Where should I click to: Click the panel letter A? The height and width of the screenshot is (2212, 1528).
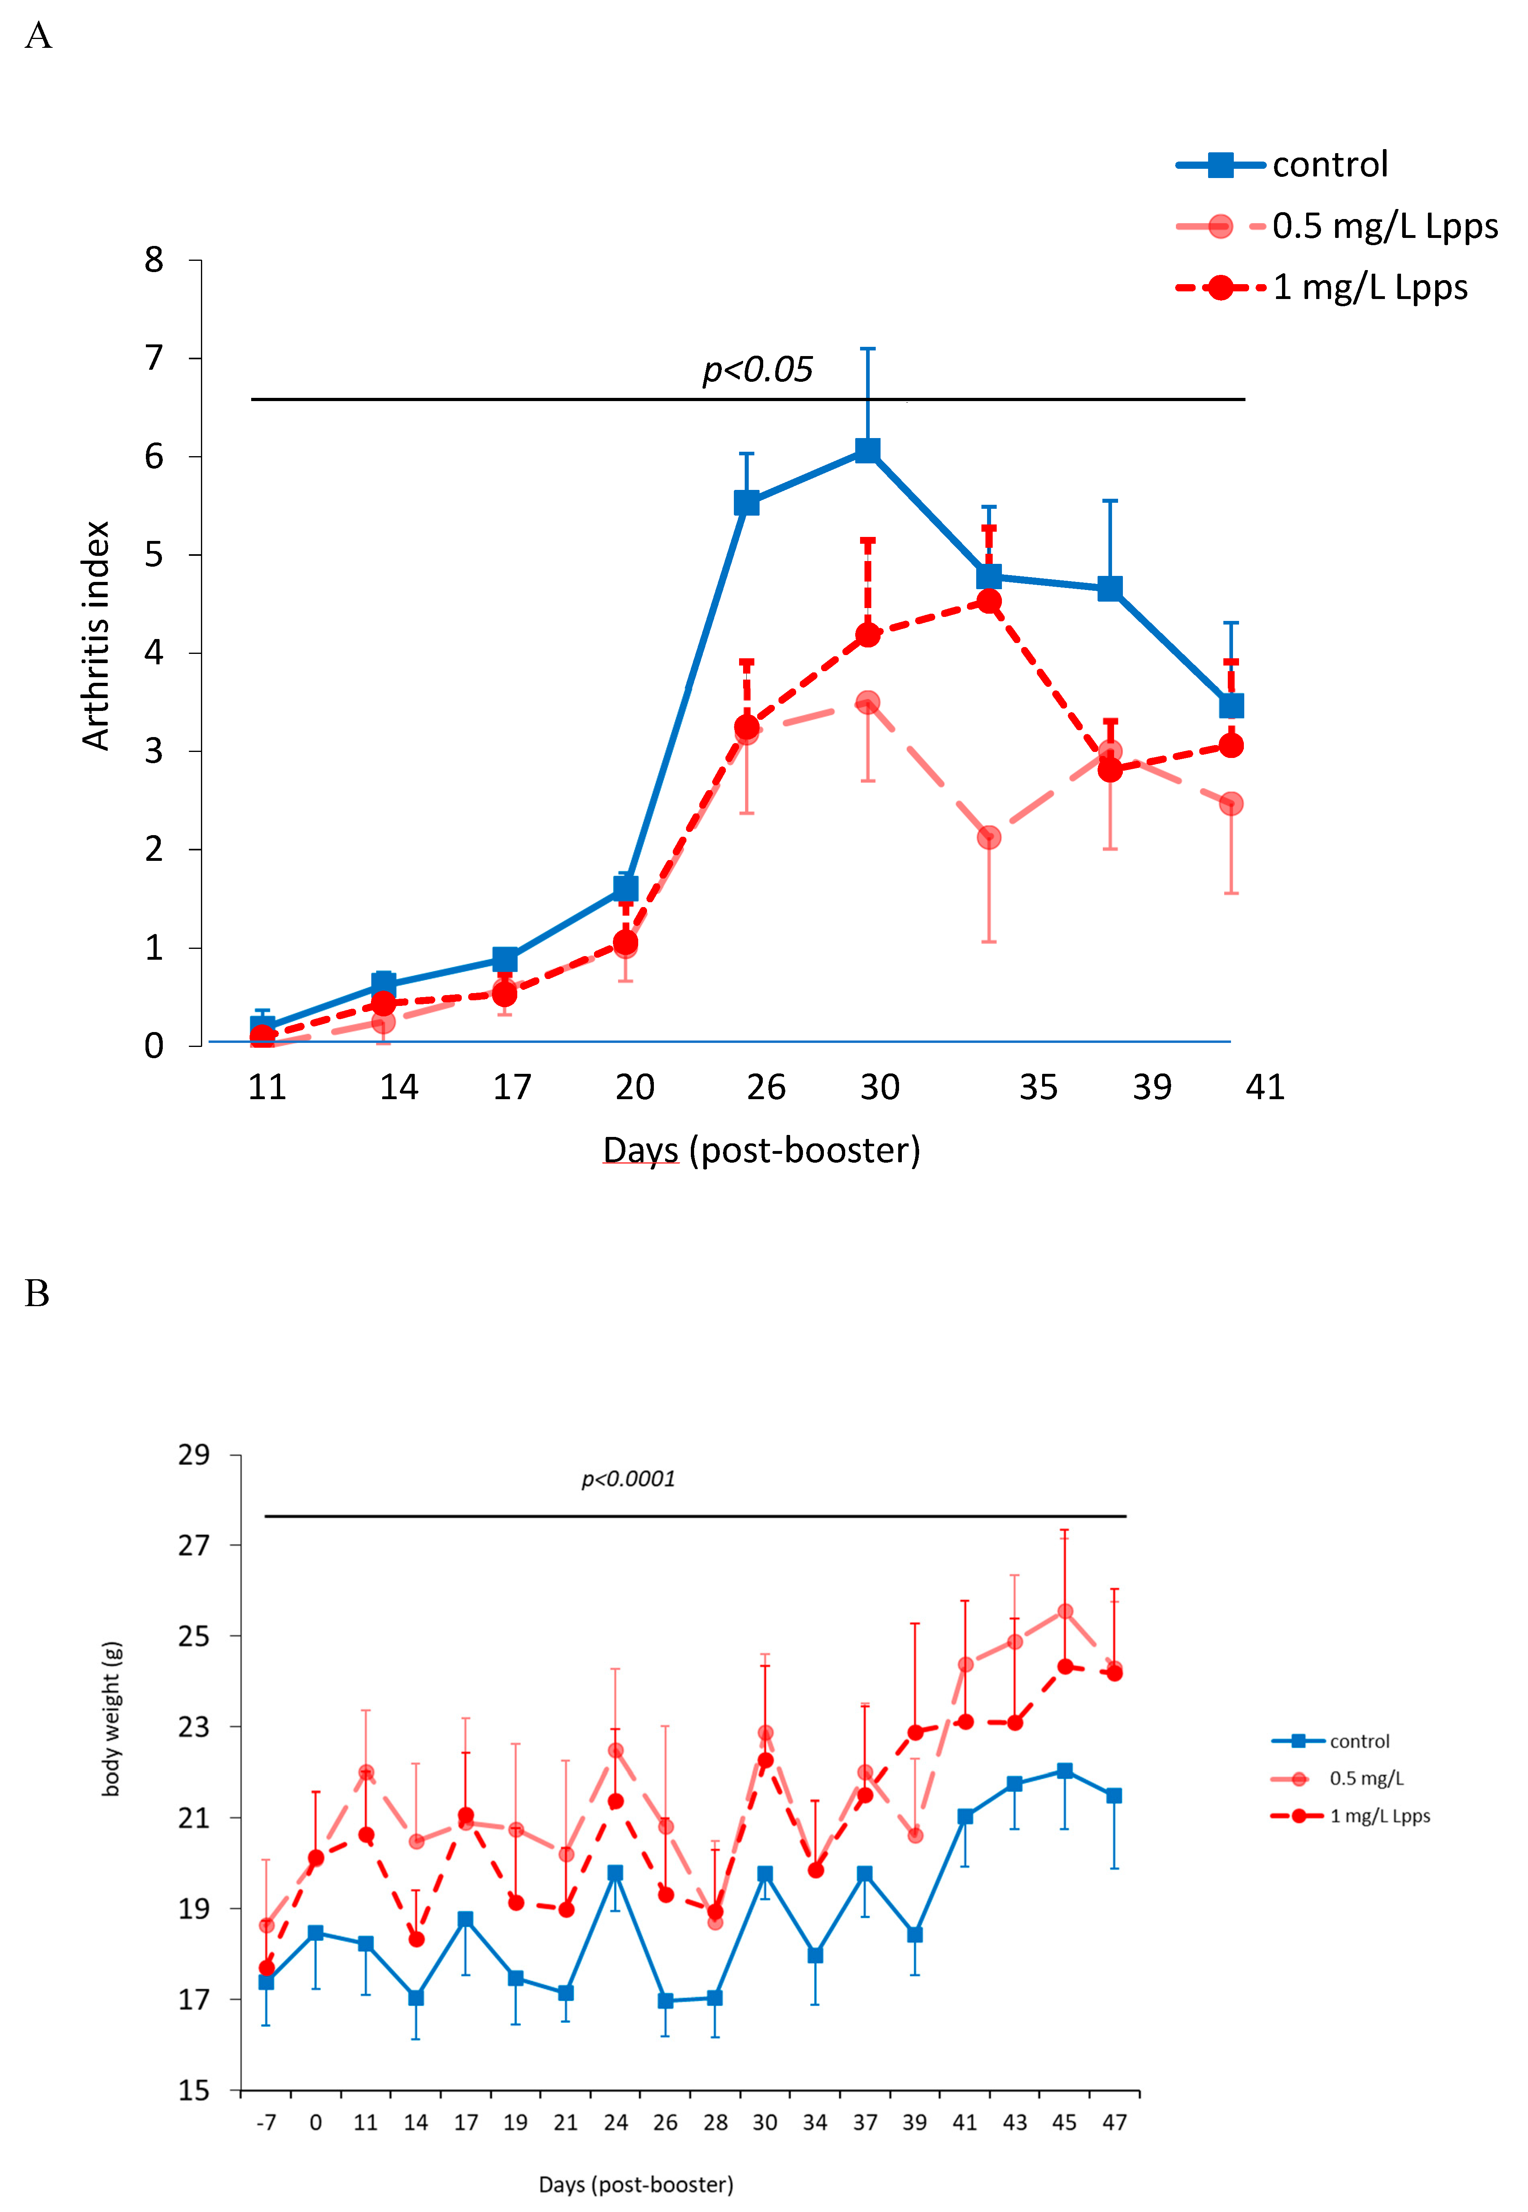pos(38,37)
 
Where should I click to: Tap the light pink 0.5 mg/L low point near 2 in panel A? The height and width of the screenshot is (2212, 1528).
pos(989,838)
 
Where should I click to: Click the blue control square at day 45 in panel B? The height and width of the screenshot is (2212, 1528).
pos(1065,1771)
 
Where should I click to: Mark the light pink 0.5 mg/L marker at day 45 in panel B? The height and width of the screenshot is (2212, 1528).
pos(1065,1612)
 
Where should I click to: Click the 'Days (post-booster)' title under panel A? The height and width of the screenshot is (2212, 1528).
pos(761,1149)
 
